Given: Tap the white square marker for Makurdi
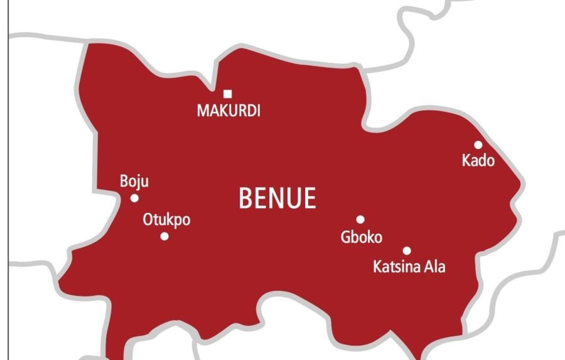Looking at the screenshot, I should tap(228, 94).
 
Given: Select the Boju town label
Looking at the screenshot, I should tap(134, 183).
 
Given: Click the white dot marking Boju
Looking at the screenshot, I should tap(134, 198).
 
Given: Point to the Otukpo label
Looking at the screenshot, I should tap(166, 221).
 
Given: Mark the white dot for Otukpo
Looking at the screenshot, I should tap(164, 236).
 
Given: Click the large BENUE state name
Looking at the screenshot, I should tap(277, 199).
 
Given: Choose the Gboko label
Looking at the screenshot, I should tap(361, 237).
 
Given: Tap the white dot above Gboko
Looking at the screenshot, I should tap(360, 219).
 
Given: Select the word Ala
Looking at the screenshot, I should tap(434, 266).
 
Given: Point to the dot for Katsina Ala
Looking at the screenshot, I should tap(407, 251).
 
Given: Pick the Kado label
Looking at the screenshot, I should tap(478, 161).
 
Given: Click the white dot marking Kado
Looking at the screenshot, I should tap(478, 145).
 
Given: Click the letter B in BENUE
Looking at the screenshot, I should tap(246, 199).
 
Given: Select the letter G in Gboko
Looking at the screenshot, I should tap(345, 237).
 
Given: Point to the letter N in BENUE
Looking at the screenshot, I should tap(276, 199).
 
